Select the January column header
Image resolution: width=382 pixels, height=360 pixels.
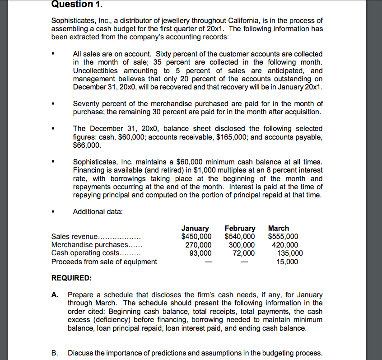tap(195, 228)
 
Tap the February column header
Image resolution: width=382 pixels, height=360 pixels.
tap(240, 228)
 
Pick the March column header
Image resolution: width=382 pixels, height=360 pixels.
tap(279, 228)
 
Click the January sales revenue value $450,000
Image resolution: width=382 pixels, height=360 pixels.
tap(196, 236)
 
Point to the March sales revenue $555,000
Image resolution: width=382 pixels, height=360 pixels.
tap(283, 236)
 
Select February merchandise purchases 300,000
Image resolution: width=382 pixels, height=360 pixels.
tap(242, 245)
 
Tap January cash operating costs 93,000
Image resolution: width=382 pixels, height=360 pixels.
tap(200, 253)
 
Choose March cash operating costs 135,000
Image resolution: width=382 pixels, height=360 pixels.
tap(289, 253)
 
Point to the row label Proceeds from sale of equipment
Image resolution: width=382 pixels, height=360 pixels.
tap(104, 262)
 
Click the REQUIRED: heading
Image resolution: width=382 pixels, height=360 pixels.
tap(71, 277)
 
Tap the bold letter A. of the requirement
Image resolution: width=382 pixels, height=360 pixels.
tap(55, 295)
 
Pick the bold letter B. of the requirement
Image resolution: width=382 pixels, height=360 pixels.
tap(55, 353)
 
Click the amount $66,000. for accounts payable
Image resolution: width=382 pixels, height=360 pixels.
tap(87, 145)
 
